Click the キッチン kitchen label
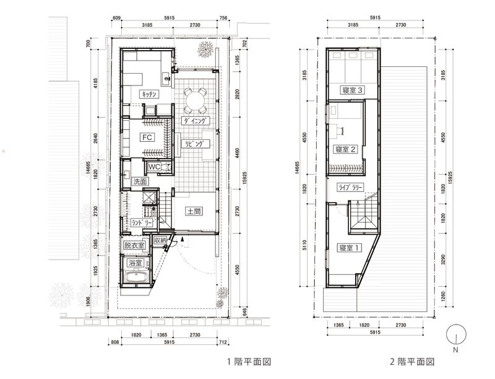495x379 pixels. (149, 94)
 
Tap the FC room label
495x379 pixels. (147, 137)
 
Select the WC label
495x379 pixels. (154, 167)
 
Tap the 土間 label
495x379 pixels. (194, 211)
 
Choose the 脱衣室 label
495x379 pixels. (134, 245)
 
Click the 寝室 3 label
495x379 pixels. (352, 90)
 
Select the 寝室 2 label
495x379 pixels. (345, 149)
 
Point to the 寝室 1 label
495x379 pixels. (349, 248)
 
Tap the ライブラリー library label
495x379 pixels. (350, 187)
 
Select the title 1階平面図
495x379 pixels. (249, 361)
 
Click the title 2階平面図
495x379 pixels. (412, 361)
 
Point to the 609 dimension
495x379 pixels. (116, 18)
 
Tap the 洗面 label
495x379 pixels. (140, 181)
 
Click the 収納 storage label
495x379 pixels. (160, 240)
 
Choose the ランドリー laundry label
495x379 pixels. (142, 222)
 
